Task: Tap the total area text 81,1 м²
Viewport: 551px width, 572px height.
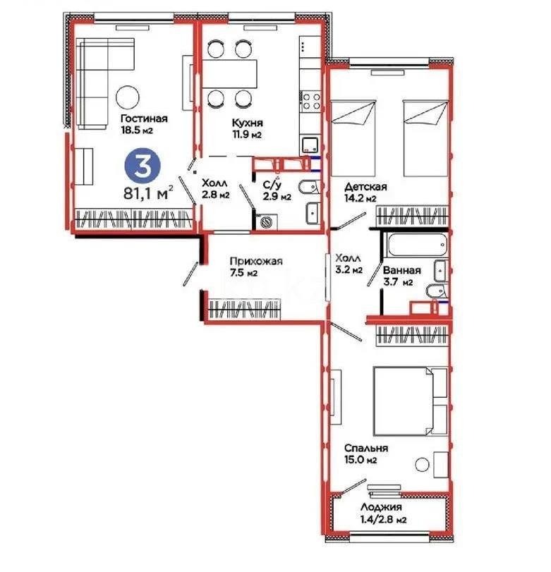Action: click(147, 193)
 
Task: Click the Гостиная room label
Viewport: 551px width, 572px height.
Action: click(144, 118)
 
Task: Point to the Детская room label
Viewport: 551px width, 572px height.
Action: click(365, 187)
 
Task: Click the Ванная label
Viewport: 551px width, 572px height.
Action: click(401, 270)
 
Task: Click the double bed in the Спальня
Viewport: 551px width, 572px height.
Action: click(410, 401)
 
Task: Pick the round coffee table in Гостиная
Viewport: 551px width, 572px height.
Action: click(128, 97)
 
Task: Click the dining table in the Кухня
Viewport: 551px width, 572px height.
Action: click(231, 71)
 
